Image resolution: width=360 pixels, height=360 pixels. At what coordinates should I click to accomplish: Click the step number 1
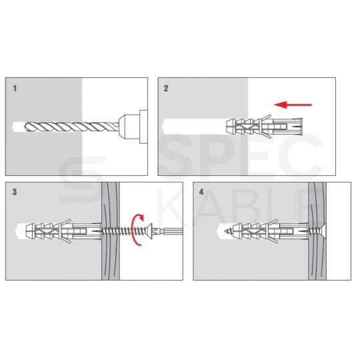tap(15, 89)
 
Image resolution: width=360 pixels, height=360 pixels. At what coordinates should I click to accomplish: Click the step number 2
tap(166, 89)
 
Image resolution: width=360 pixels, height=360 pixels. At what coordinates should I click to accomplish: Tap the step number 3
tap(15, 192)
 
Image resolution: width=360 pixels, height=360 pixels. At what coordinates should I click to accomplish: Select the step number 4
tap(201, 192)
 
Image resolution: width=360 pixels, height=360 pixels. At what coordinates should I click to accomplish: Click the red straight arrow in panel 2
tap(293, 105)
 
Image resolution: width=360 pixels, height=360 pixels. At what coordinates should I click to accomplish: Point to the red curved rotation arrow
tap(134, 229)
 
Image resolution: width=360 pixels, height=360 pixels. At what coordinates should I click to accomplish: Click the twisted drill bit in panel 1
tap(71, 127)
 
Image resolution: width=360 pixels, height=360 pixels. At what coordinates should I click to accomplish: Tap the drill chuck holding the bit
tap(133, 127)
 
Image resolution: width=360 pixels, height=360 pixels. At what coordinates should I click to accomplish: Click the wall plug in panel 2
tap(264, 127)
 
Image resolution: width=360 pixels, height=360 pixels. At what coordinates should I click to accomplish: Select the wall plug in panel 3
tap(64, 231)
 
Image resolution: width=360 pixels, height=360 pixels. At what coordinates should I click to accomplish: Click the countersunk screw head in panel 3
tap(150, 231)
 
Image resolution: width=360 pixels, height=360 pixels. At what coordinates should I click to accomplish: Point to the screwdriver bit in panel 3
tap(168, 231)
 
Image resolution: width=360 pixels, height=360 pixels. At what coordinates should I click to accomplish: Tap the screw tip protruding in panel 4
tap(221, 231)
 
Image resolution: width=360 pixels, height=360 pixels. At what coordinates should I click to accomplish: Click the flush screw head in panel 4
tap(321, 231)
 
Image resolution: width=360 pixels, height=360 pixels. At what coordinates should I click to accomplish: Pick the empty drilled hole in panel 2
tap(193, 127)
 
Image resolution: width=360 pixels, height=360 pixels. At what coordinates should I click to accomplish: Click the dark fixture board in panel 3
tap(111, 231)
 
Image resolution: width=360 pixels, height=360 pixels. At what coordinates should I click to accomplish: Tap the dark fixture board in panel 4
tap(317, 231)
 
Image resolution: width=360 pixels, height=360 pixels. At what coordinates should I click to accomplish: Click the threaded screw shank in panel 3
tap(124, 231)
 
